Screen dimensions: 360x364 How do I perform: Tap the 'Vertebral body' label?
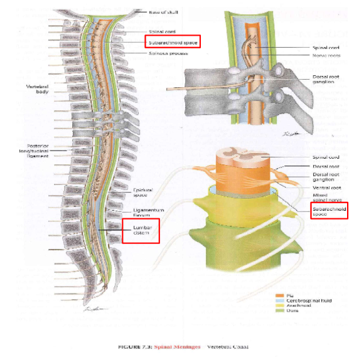point(38,89)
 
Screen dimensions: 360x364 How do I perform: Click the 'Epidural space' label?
point(144,193)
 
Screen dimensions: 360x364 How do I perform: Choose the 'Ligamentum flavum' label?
point(148,213)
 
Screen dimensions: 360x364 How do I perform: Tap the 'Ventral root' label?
point(326,187)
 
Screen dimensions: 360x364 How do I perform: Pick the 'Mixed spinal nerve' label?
point(326,198)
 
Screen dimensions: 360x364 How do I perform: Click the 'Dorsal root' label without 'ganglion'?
point(326,166)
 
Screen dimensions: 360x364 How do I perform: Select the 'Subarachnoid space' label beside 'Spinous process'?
point(173,43)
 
